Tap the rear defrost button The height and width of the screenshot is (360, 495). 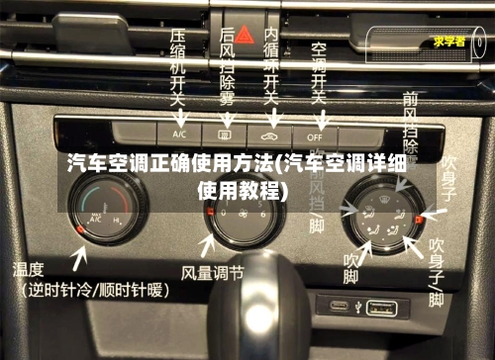tap(224, 132)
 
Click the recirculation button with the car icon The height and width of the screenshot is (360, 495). tap(268, 132)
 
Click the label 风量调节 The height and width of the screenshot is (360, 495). tap(212, 270)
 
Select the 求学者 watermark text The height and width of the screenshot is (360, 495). tap(451, 42)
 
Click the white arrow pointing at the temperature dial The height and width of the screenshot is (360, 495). tap(79, 259)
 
